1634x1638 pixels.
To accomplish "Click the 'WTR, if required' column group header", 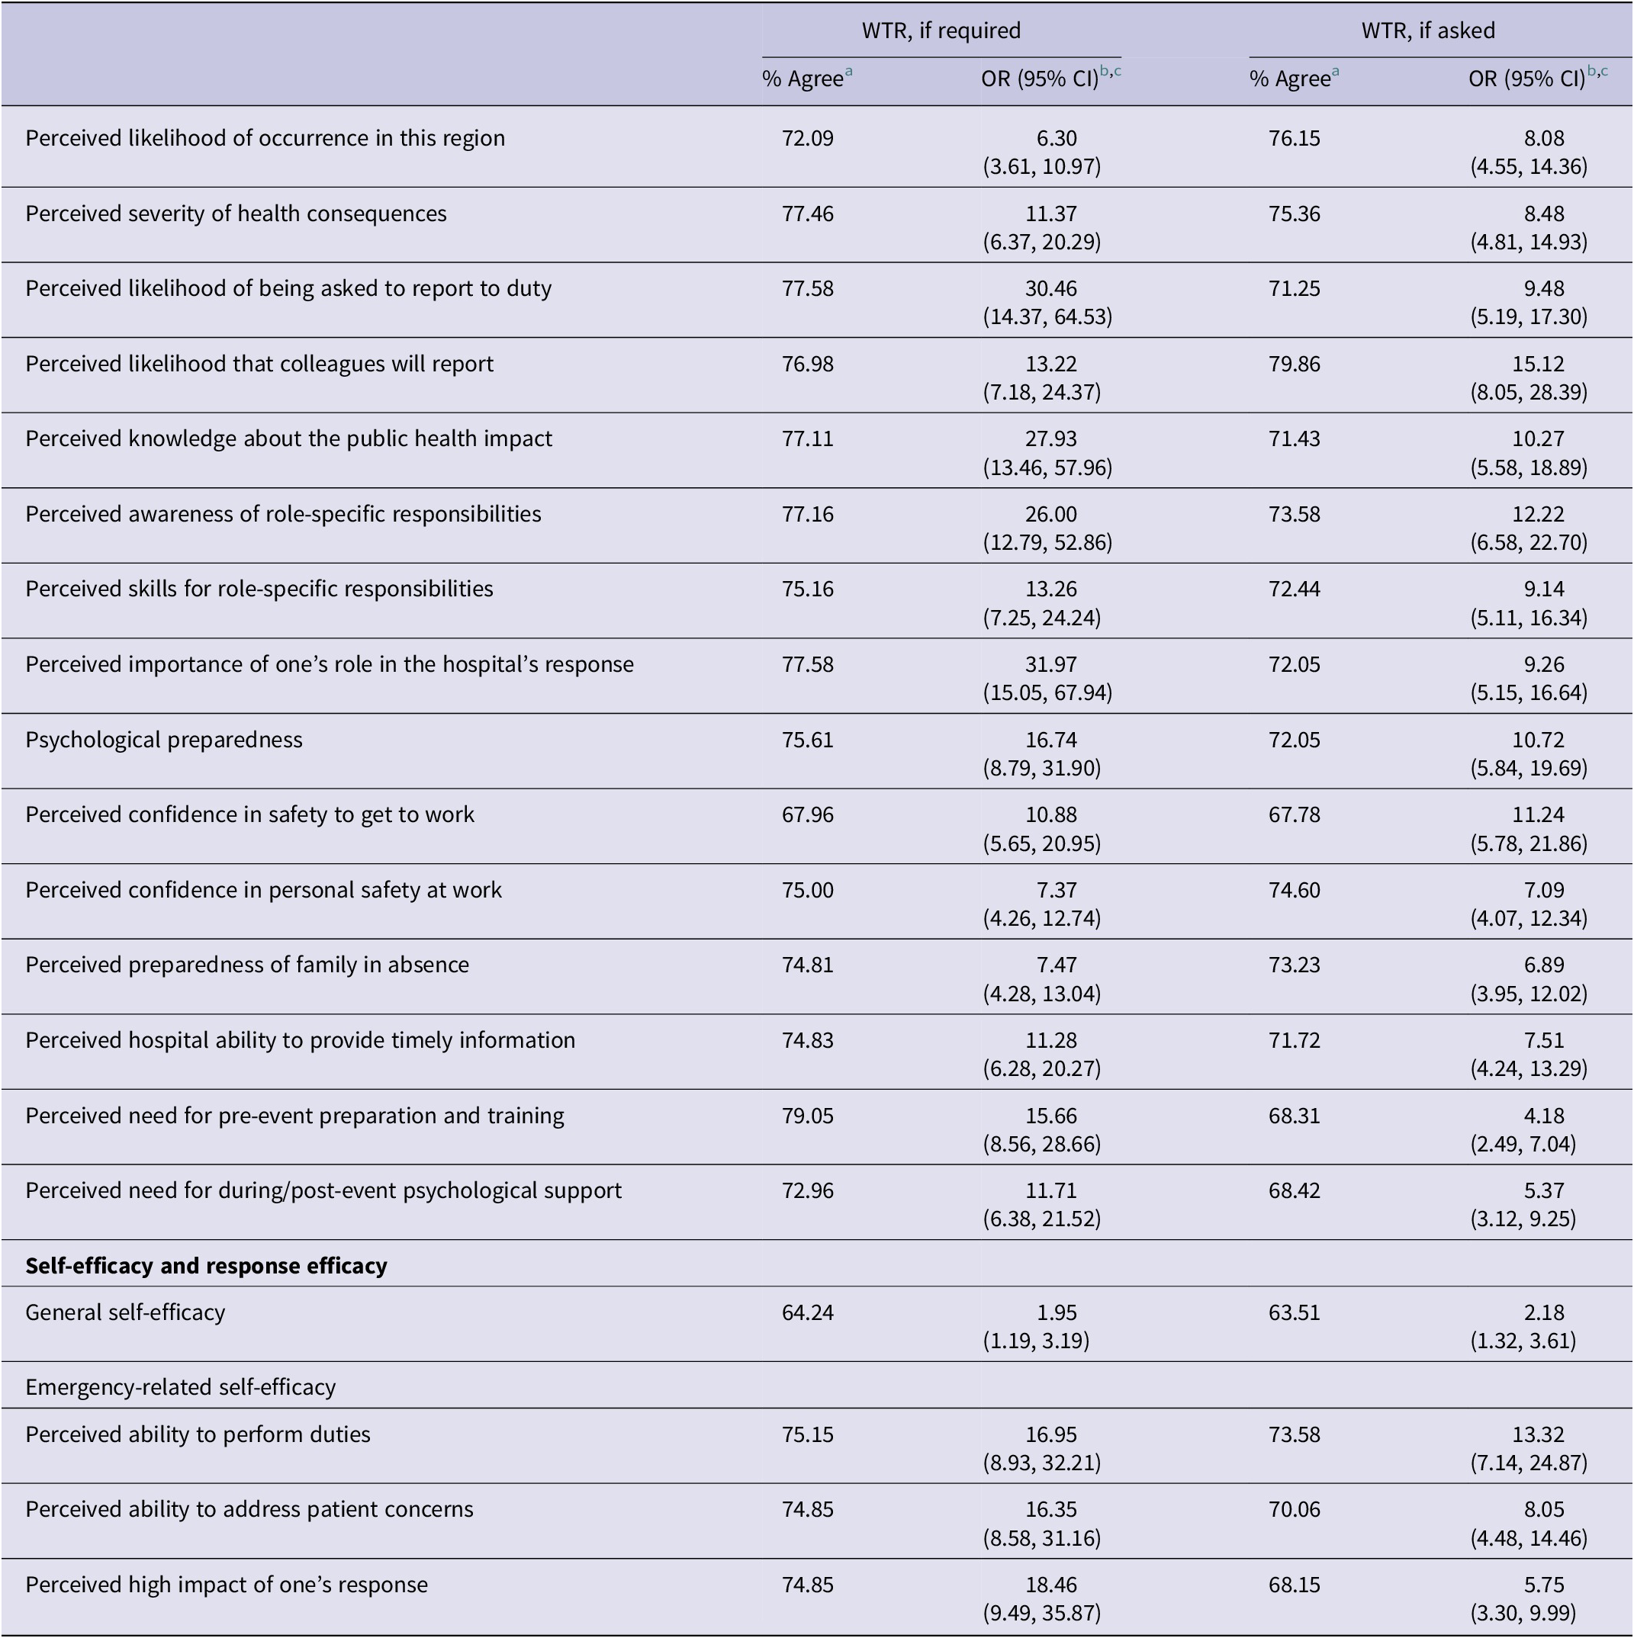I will click(941, 31).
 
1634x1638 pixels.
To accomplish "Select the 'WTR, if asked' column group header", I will click(1428, 31).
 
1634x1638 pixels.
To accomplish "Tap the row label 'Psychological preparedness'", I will click(164, 739).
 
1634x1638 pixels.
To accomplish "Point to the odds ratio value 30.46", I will click(1050, 288).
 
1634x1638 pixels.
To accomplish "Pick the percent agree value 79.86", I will click(1294, 364).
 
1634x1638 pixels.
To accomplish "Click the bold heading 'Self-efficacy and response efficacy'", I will click(206, 1266).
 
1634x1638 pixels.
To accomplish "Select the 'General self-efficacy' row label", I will click(126, 1312).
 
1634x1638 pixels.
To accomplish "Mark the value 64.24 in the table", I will click(807, 1312).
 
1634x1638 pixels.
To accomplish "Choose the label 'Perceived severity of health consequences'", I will click(236, 214).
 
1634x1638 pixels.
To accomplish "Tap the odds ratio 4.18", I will click(1543, 1116).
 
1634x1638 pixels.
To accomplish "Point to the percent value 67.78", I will click(1294, 814).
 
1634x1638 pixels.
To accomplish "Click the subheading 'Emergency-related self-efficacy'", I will click(181, 1387).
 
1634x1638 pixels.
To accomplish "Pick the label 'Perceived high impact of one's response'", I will click(227, 1585).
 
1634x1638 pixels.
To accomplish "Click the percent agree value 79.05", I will click(807, 1116).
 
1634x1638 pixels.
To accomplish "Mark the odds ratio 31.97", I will click(1050, 664).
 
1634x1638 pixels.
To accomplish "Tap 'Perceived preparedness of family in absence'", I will click(246, 965).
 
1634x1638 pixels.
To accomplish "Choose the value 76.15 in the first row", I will click(1294, 138).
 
